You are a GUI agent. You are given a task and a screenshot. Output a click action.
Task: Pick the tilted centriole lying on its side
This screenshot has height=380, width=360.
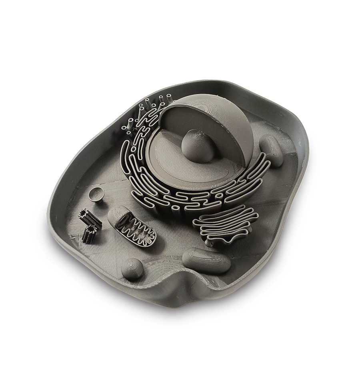(90, 218)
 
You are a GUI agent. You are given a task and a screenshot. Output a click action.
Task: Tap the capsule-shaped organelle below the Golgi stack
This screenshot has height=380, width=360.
(206, 260)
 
